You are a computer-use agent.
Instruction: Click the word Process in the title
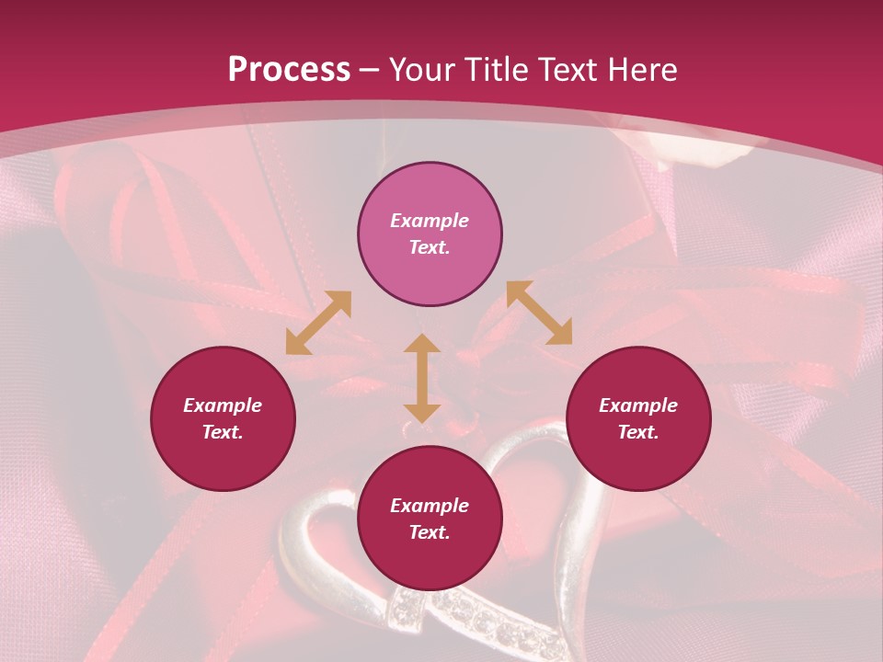pyautogui.click(x=289, y=70)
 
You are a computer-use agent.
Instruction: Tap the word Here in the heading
pyautogui.click(x=643, y=70)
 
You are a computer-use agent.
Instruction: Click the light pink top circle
pyautogui.click(x=430, y=234)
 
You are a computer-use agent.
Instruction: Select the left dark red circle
pyautogui.click(x=223, y=418)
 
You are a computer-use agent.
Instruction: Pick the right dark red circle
pyautogui.click(x=638, y=418)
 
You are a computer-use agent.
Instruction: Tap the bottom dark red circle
pyautogui.click(x=430, y=519)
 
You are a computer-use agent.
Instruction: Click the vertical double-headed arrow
pyautogui.click(x=422, y=378)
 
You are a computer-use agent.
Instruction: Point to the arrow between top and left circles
pyautogui.click(x=318, y=323)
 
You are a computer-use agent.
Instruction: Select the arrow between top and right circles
pyautogui.click(x=540, y=313)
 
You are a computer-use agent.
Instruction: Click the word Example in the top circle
pyautogui.click(x=430, y=221)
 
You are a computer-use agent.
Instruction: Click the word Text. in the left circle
pyautogui.click(x=223, y=432)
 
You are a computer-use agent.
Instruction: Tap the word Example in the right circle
pyautogui.click(x=638, y=405)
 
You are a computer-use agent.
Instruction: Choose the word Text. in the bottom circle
pyautogui.click(x=430, y=532)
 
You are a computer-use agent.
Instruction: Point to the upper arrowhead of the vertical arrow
pyautogui.click(x=422, y=346)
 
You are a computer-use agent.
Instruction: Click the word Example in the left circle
pyautogui.click(x=223, y=405)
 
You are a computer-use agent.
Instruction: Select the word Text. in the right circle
pyautogui.click(x=638, y=432)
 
